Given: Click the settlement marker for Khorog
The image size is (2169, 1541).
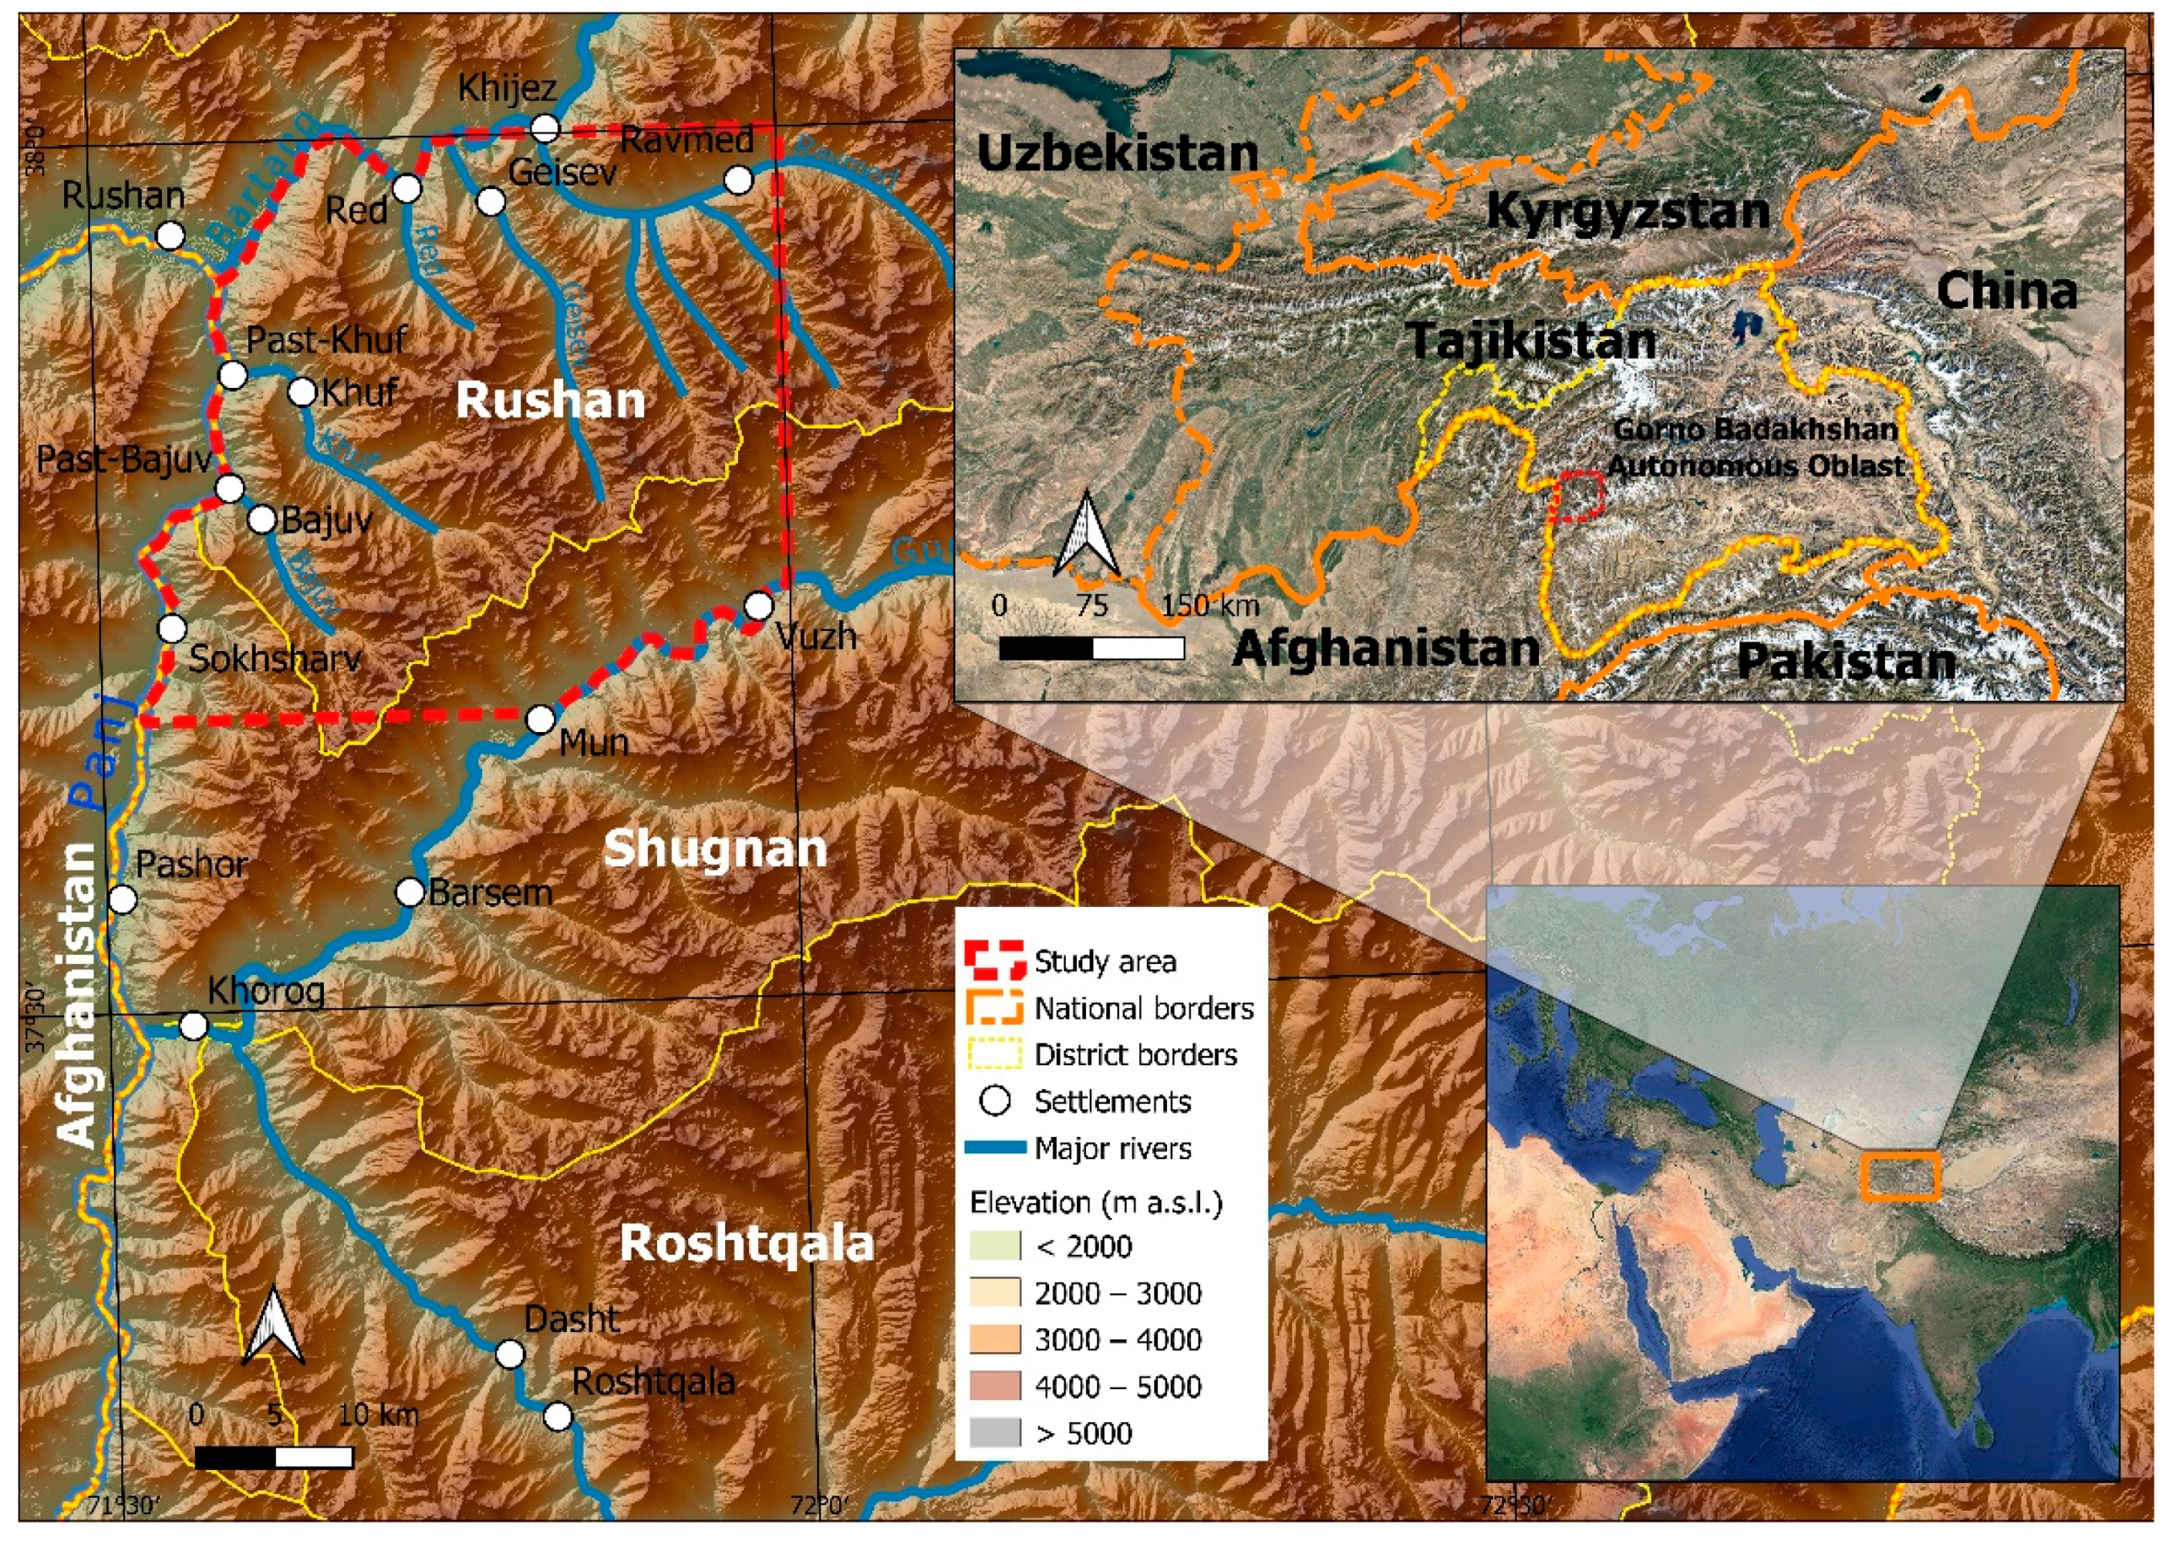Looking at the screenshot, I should coord(194,1026).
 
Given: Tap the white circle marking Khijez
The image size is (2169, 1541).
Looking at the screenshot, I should coord(545,128).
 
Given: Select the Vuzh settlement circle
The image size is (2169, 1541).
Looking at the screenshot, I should coord(758,606).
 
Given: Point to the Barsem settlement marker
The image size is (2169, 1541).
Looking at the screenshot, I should coord(410,892).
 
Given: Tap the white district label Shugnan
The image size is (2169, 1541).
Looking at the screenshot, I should coord(715,849).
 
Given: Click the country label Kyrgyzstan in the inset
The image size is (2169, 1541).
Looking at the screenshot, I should coord(1628,211).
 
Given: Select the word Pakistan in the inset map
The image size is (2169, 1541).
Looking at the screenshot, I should coord(1845,661).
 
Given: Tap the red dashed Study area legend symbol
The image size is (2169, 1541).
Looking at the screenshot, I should coord(994,962).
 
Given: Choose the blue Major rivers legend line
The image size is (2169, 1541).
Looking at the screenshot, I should coord(994,1148).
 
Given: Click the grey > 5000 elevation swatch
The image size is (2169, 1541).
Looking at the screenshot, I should coord(994,1433).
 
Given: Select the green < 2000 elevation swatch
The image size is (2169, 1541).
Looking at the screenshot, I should coord(994,1246).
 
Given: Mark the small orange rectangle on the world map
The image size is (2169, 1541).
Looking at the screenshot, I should coord(1899,1177).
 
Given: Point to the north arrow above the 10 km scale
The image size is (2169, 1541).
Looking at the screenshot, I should coord(273,1328).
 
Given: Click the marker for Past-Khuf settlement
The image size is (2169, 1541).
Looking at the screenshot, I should coord(234,374).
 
